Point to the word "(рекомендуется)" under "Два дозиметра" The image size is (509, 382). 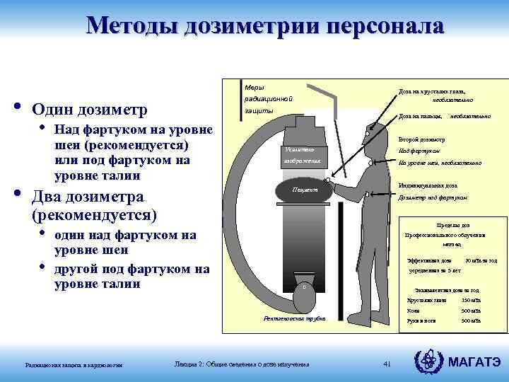click(95, 213)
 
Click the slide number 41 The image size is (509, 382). click(387, 364)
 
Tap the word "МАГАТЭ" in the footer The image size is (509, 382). click(475, 364)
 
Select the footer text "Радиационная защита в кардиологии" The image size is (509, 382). click(74, 365)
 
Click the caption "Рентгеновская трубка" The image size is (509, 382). click(294, 319)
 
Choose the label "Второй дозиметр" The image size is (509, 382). click(421, 139)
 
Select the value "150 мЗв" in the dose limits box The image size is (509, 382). click(472, 300)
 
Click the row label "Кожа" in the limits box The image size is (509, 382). click(414, 311)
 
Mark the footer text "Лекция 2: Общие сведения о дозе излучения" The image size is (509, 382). click(242, 364)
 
